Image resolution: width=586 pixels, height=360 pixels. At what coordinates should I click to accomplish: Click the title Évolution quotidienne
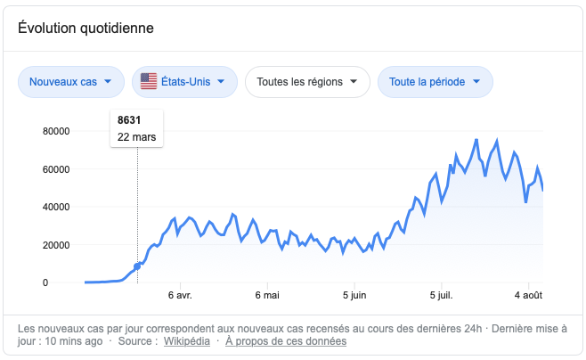tap(86, 28)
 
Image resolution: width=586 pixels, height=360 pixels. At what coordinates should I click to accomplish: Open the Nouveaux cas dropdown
tap(70, 82)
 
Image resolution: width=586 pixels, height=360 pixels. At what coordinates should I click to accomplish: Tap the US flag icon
tap(149, 82)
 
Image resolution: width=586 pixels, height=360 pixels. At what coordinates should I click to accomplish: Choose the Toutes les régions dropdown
tap(306, 82)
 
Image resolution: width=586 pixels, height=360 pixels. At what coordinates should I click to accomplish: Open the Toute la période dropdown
tap(435, 82)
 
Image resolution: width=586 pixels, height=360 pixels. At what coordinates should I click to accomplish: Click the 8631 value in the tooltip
tap(128, 120)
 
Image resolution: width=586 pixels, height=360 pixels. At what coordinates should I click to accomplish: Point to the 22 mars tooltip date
tap(136, 137)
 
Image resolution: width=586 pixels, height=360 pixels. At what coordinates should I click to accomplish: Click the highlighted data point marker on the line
tap(137, 266)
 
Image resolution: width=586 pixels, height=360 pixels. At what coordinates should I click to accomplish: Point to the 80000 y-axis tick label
tap(57, 131)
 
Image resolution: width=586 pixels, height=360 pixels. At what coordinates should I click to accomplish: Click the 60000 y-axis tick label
tap(57, 169)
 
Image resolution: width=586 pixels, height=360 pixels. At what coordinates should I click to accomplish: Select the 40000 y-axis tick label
tap(57, 207)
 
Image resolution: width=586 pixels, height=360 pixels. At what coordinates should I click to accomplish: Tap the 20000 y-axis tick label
tap(57, 245)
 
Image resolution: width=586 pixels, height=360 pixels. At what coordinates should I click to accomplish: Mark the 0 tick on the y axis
tap(69, 282)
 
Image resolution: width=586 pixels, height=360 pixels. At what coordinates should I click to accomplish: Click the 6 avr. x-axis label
tap(180, 295)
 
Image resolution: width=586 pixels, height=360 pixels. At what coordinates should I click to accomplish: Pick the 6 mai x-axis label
tap(267, 295)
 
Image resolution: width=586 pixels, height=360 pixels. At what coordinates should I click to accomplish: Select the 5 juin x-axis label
tap(354, 295)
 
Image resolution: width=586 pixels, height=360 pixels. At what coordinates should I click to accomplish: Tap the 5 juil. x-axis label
tap(441, 295)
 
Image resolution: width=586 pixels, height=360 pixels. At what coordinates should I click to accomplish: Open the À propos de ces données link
tap(286, 340)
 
